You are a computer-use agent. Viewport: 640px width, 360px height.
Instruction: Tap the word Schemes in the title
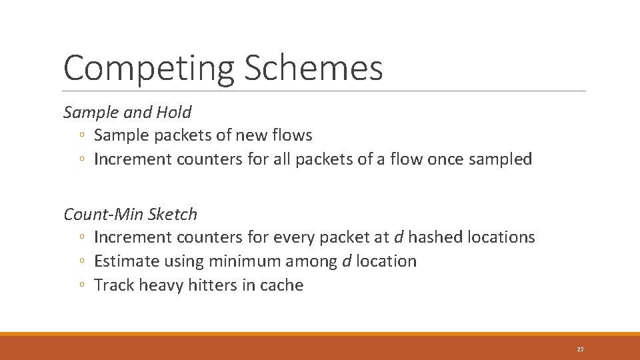314,68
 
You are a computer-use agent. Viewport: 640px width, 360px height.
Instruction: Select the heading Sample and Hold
127,112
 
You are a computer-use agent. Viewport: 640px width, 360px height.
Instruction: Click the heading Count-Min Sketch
131,214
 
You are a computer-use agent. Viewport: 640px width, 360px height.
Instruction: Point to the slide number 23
580,349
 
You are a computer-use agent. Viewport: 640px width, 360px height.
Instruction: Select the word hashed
433,237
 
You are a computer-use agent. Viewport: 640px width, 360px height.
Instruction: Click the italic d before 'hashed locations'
398,237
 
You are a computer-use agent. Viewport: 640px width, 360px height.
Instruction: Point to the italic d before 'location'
346,261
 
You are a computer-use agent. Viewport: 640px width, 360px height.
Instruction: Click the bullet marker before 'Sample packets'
81,136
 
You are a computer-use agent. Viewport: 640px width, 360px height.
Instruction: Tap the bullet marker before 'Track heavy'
81,286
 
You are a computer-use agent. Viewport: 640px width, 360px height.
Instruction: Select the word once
445,160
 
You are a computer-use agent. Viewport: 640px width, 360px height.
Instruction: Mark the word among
317,261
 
